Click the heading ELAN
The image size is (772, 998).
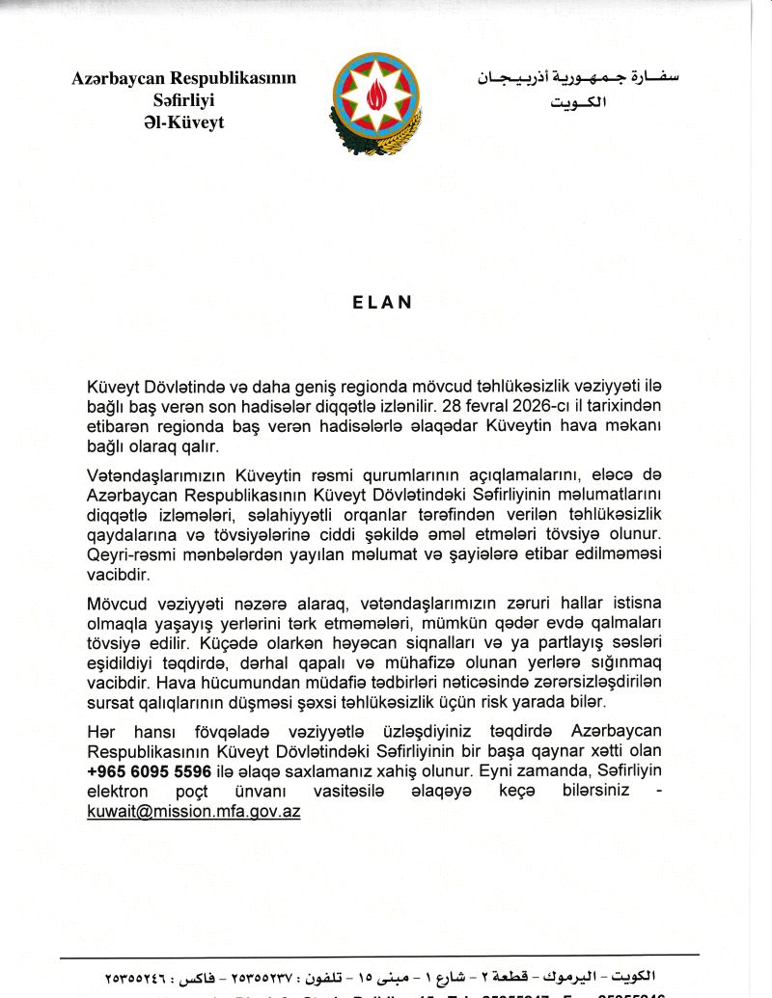[381, 301]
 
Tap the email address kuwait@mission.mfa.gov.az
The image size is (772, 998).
[193, 812]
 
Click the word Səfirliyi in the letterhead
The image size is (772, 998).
[183, 99]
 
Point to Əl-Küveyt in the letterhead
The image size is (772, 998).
[183, 121]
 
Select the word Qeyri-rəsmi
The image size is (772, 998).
[132, 555]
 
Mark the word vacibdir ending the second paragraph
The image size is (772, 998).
[118, 576]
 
